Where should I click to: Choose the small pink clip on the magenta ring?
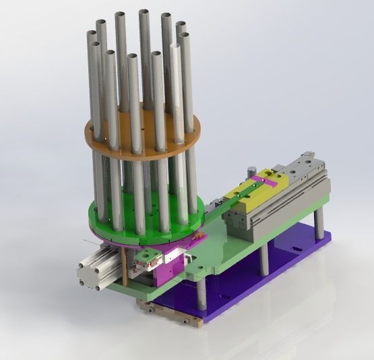click(x=195, y=237)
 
